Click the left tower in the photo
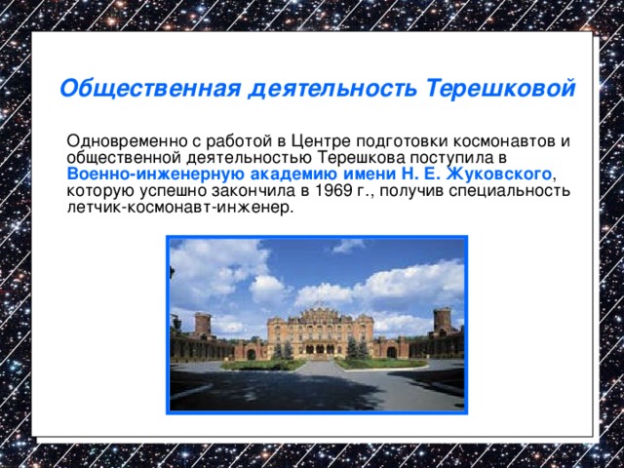203,325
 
